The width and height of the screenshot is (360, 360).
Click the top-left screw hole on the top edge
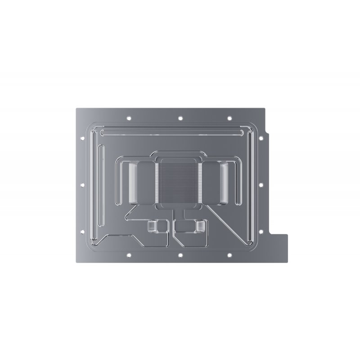pyautogui.click(x=129, y=118)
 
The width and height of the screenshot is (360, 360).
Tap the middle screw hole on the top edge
pyautogui.click(x=180, y=118)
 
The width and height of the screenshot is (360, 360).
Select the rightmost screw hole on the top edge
pyautogui.click(x=229, y=118)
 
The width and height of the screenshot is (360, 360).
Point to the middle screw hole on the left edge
pyautogui.click(x=83, y=184)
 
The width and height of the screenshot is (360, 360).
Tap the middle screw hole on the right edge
pyautogui.click(x=261, y=184)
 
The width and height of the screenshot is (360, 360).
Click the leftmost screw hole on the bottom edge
pyautogui.click(x=129, y=256)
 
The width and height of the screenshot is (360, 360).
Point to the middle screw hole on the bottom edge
pyautogui.click(x=180, y=256)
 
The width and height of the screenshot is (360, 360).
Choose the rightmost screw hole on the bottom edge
pyautogui.click(x=229, y=256)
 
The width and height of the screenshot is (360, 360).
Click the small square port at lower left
pyautogui.click(x=152, y=226)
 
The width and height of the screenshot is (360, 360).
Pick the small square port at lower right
pyautogui.click(x=199, y=226)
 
